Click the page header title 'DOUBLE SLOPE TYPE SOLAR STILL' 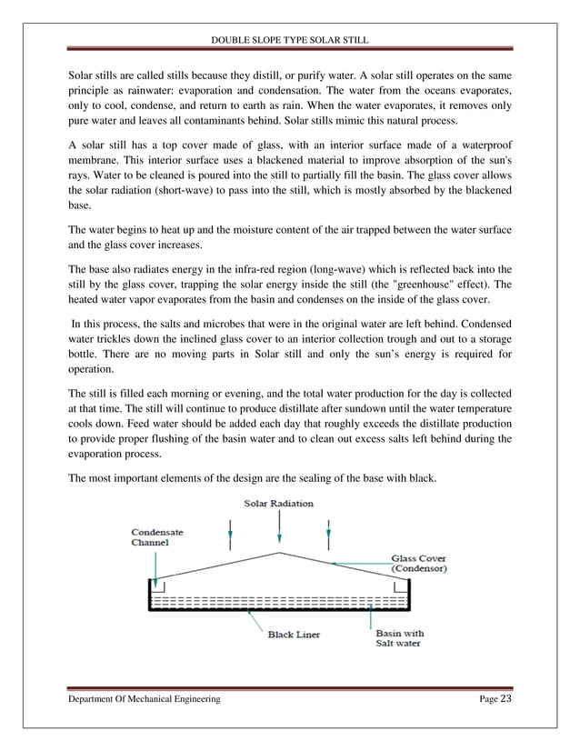(x=289, y=39)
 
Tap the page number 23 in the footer (x=506, y=698)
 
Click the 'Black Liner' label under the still (x=291, y=636)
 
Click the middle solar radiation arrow (x=281, y=527)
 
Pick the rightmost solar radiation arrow (x=329, y=533)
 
